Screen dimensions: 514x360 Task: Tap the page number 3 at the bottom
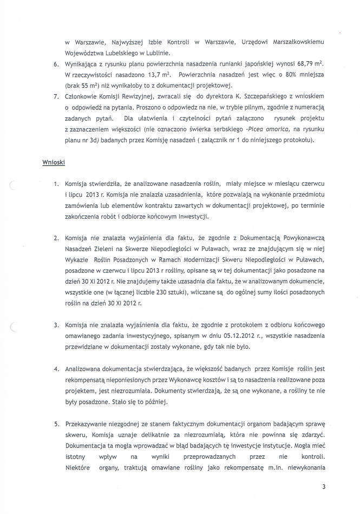click(323, 487)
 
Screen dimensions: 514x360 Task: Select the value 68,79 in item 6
click(297, 64)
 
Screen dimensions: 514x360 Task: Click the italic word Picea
click(259, 129)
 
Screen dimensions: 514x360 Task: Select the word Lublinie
click(157, 53)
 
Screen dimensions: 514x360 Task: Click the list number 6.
click(56, 64)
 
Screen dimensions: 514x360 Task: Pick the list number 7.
click(56, 97)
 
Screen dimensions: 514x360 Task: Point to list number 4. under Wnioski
click(56, 368)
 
